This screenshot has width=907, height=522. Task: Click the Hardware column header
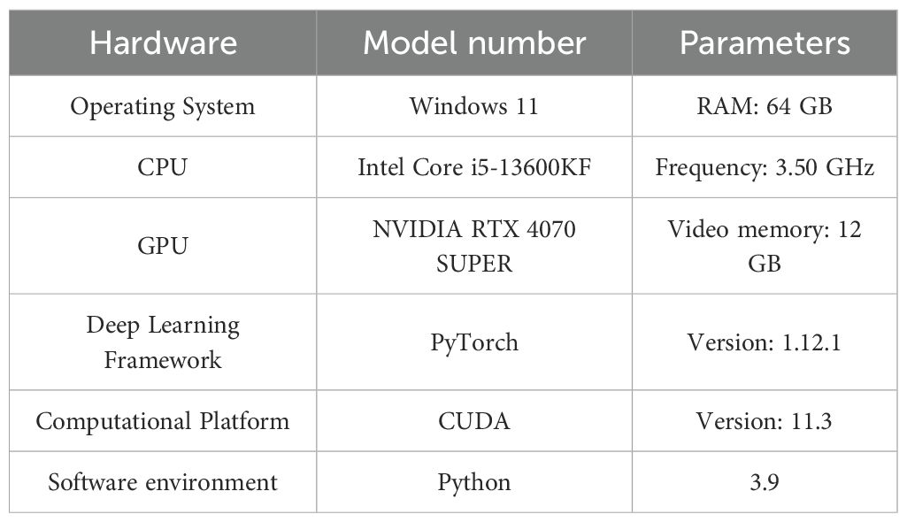pos(163,43)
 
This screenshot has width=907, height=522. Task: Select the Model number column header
pos(474,43)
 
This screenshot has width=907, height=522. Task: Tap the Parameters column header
pos(765,43)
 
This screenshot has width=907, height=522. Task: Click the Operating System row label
pos(163,107)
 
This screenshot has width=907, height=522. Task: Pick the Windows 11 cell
pos(474,107)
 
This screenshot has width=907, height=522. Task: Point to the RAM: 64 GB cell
pos(765,107)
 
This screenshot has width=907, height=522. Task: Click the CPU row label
pos(163,167)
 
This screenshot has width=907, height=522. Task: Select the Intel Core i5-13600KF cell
pos(474,167)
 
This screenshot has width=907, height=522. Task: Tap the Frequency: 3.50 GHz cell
pos(765,167)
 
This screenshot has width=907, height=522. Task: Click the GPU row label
pos(163,245)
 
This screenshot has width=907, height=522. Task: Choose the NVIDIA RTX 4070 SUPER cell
pos(474,245)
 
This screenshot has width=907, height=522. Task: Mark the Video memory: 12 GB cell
pos(765,245)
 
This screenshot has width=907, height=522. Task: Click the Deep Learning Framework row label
pos(163,342)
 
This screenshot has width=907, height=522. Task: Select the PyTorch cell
pos(474,342)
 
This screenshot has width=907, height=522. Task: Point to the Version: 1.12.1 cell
pos(765,342)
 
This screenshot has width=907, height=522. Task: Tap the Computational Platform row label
pos(163,420)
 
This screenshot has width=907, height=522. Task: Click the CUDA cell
pos(474,420)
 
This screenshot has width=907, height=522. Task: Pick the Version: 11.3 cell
pos(765,420)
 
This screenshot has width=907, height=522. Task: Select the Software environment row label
pos(163,482)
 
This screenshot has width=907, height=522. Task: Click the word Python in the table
pos(474,482)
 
